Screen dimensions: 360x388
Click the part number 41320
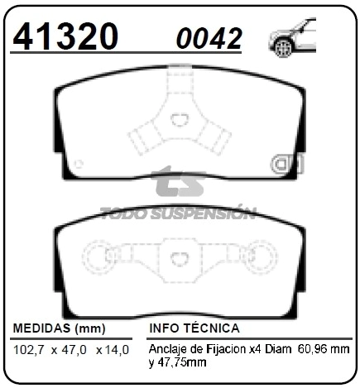(65, 36)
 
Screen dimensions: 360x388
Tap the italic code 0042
(209, 38)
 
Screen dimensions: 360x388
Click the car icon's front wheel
(282, 48)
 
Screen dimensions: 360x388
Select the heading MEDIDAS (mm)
(60, 328)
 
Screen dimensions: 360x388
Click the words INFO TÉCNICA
(194, 328)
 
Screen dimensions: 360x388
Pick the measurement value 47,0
(74, 350)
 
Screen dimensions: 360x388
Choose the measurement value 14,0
(116, 350)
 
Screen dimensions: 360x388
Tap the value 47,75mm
(182, 362)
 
